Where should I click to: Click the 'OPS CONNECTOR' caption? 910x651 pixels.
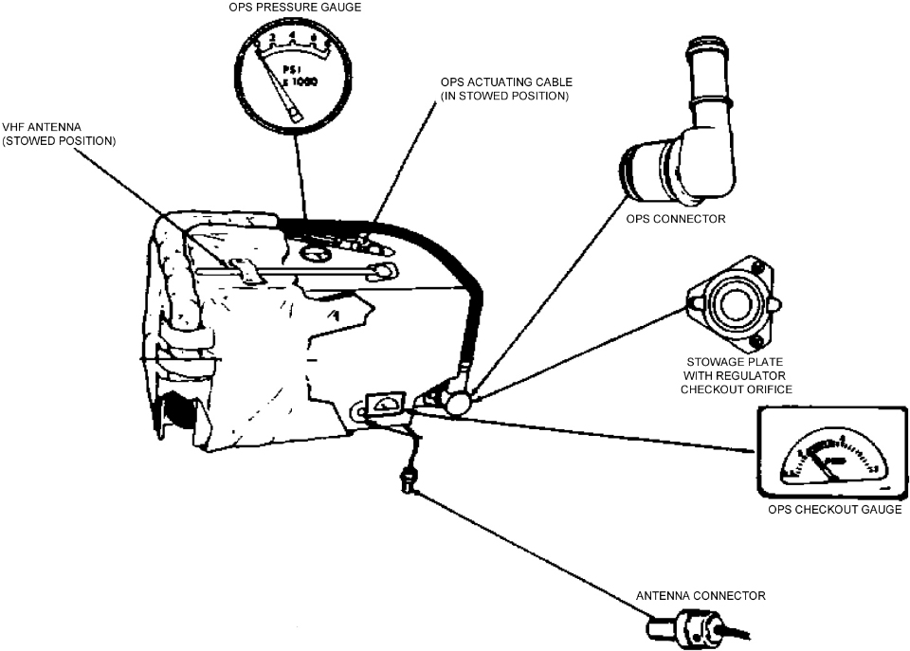(676, 219)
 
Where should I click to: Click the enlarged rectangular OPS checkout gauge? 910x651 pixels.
(828, 453)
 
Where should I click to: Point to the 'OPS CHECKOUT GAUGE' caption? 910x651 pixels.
(834, 510)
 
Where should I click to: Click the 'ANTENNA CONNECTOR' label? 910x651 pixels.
(701, 595)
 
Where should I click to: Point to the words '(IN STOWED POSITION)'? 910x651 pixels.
(504, 96)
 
